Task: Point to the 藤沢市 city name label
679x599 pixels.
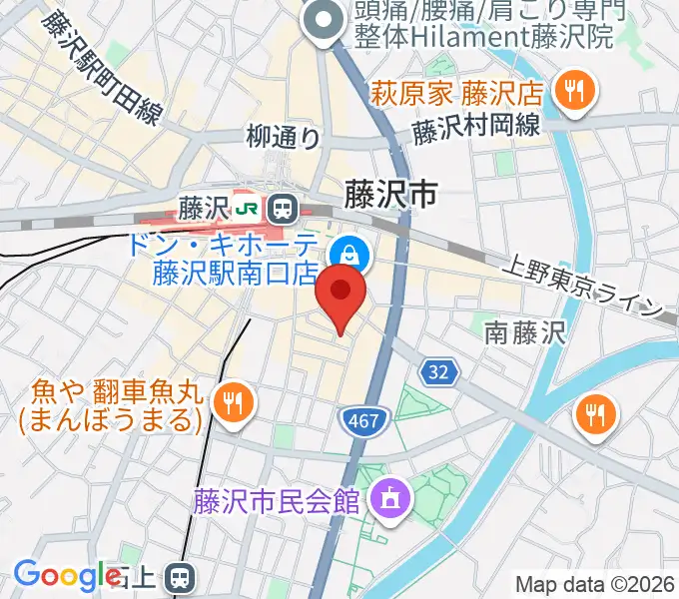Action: click(x=390, y=194)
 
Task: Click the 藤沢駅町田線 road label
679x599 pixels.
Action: click(x=101, y=70)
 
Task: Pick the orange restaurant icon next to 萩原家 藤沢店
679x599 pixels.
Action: click(x=572, y=92)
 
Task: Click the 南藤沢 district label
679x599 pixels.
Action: click(x=525, y=332)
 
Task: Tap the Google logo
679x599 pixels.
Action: click(x=66, y=575)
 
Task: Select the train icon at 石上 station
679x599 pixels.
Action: click(x=180, y=577)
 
